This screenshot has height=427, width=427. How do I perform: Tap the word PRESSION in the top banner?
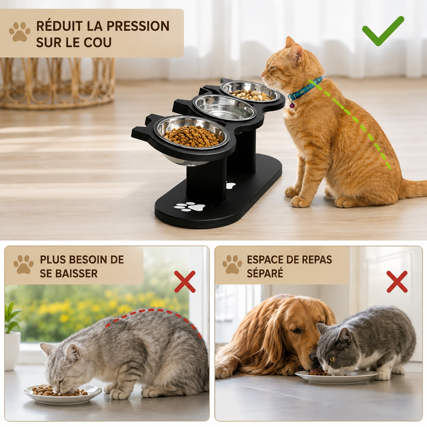coord(138,26)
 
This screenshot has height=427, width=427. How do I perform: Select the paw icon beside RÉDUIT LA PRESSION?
coord(19,32)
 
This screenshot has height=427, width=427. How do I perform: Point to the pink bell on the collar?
coord(292,106)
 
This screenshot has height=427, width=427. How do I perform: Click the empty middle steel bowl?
coord(224,108)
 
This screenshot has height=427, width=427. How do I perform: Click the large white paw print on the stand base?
coord(190,206)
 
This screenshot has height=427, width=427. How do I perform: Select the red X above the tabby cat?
coord(185,281)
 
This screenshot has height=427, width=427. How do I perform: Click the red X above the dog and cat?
coord(397,282)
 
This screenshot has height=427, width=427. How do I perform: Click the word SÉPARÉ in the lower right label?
coord(265,273)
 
